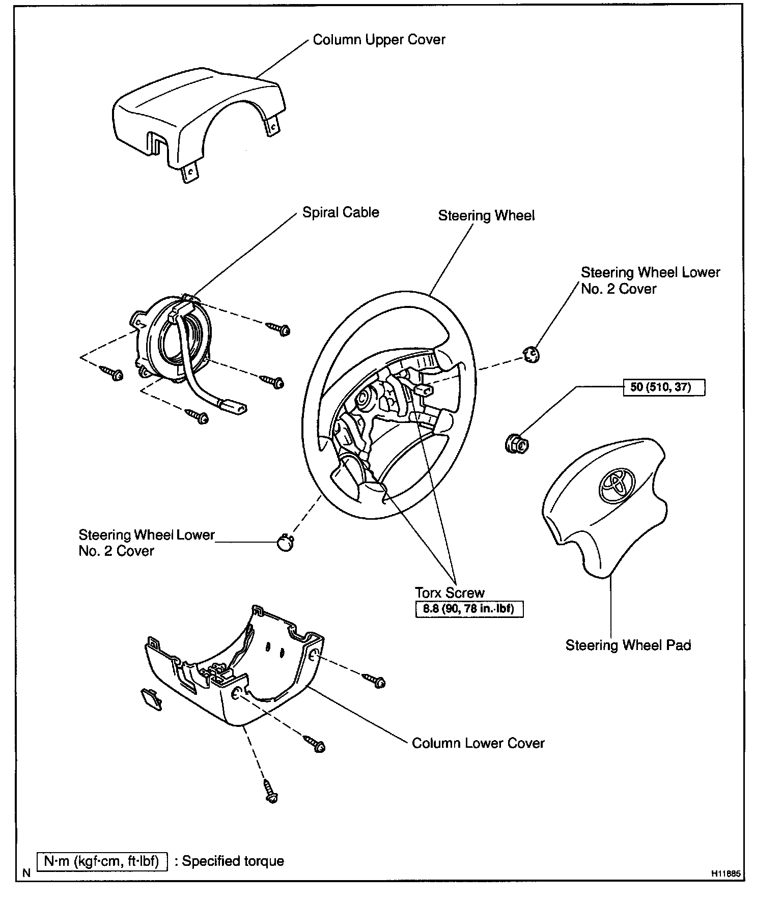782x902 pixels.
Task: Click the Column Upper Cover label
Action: (x=379, y=40)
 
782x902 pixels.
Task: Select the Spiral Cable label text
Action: (x=340, y=212)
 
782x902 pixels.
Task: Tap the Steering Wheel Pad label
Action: (x=628, y=645)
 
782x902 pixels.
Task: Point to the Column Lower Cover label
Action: (x=478, y=743)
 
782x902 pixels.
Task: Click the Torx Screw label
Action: (x=450, y=593)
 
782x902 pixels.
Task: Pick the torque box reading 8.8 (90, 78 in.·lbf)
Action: (x=469, y=609)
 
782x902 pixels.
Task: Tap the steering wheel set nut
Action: (x=517, y=444)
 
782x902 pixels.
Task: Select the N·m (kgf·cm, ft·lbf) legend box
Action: (x=102, y=861)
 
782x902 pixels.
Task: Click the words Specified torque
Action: (x=233, y=861)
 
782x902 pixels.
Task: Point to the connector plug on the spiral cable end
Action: (x=233, y=406)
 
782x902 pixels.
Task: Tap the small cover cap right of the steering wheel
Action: (x=530, y=354)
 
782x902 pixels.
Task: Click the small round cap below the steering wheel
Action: (x=285, y=542)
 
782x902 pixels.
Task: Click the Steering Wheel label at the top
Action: (x=486, y=216)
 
